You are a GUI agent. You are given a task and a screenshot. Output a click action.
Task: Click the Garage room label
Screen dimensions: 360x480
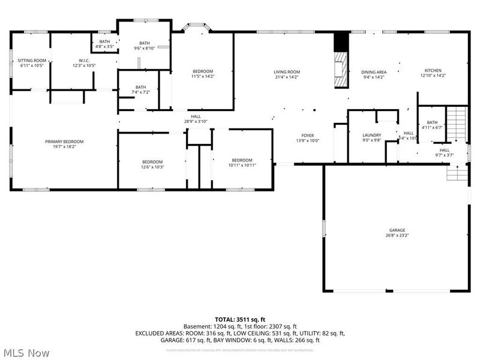click(397, 233)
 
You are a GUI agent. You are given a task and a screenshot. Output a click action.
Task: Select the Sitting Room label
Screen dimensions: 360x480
click(32, 63)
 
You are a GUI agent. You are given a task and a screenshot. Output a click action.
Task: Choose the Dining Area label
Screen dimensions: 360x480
click(373, 74)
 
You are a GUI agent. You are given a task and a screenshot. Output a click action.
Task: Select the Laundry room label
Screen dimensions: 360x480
click(371, 138)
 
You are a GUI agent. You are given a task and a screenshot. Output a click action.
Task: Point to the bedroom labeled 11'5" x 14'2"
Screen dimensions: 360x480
click(203, 74)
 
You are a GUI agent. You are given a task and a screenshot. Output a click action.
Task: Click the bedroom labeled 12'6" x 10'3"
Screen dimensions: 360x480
click(152, 164)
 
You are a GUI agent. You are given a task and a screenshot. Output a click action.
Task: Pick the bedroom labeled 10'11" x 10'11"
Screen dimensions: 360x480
click(242, 163)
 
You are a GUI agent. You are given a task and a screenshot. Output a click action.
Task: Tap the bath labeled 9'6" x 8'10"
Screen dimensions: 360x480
click(145, 45)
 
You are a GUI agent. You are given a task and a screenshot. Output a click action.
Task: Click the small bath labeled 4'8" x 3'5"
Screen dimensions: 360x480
click(104, 44)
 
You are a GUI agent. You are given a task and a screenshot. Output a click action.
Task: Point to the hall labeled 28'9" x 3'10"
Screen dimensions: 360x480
click(196, 119)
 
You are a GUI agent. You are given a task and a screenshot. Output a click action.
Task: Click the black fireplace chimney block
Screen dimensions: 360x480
click(341, 41)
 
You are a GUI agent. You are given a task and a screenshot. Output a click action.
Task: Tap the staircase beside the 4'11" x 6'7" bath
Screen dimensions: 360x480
click(458, 123)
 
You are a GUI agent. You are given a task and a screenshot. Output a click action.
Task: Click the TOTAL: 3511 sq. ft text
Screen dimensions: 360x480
click(239, 319)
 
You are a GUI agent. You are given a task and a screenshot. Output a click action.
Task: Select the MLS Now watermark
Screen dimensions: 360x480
click(27, 353)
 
